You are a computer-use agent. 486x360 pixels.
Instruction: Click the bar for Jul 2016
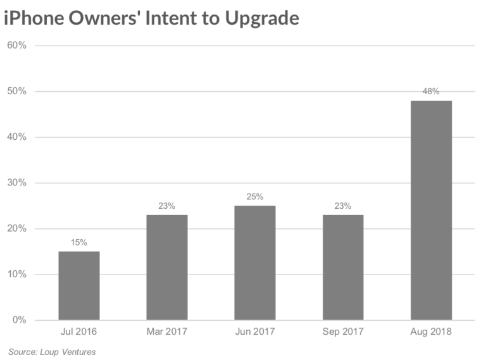pyautogui.click(x=79, y=285)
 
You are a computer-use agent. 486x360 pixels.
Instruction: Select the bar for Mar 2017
pyautogui.click(x=167, y=267)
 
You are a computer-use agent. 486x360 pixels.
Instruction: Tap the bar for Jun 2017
pyautogui.click(x=255, y=263)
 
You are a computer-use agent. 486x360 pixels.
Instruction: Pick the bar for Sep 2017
pyautogui.click(x=343, y=267)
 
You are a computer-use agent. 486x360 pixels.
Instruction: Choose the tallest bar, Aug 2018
pyautogui.click(x=431, y=210)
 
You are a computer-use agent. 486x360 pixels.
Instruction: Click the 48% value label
pyautogui.click(x=431, y=91)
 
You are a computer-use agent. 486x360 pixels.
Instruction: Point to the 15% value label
pyautogui.click(x=79, y=242)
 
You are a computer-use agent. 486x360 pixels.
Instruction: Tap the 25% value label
pyautogui.click(x=255, y=197)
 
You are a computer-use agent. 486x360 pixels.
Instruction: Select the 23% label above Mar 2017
pyautogui.click(x=167, y=206)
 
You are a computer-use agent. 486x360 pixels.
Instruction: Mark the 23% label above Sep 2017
pyautogui.click(x=343, y=206)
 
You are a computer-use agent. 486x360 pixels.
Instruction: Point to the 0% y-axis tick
pyautogui.click(x=18, y=320)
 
